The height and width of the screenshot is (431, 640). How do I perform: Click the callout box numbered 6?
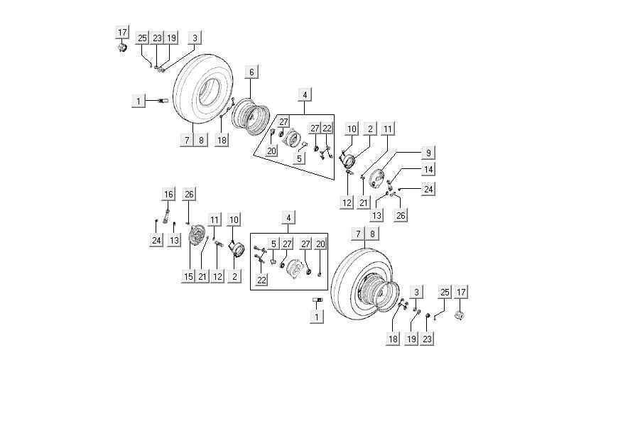251,72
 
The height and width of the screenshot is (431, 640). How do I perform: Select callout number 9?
428,153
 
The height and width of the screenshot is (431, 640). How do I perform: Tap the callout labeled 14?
428,170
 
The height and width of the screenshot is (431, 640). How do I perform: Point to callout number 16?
168,194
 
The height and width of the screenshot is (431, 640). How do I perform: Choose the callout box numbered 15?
188,276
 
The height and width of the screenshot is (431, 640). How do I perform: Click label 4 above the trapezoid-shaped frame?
305,94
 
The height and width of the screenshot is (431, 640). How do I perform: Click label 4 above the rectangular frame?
289,217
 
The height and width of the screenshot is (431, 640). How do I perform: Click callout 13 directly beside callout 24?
174,241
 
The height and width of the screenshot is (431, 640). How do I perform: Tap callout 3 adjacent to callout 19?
195,38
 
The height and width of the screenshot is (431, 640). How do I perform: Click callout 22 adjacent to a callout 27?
327,128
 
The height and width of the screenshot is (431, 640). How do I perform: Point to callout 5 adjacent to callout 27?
273,244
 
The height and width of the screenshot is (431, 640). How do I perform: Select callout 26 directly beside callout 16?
188,194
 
